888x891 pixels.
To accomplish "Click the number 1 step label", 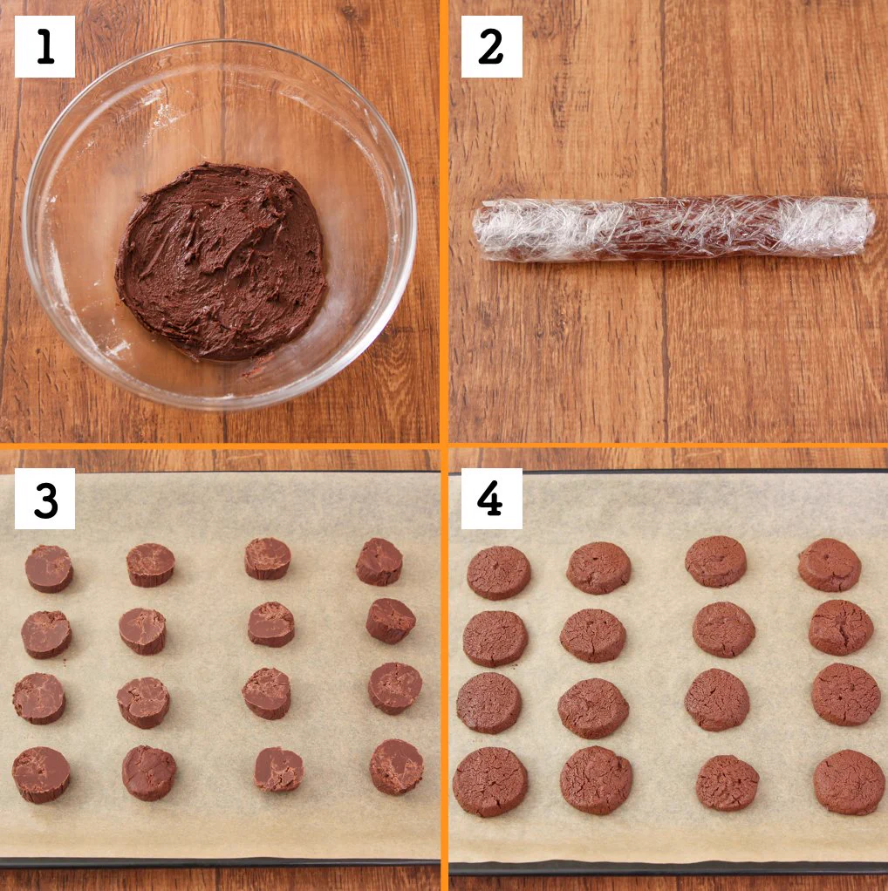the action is click(x=44, y=46).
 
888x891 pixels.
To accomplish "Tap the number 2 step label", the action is click(x=491, y=46).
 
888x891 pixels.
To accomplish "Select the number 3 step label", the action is click(x=44, y=499).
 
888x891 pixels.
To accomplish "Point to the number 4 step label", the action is click(x=491, y=499).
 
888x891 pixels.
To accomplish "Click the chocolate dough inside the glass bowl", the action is click(x=221, y=262).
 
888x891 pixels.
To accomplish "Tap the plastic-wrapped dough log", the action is click(x=673, y=228).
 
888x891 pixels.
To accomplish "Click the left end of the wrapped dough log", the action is click(x=475, y=230).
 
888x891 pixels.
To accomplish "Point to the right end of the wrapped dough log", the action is click(x=873, y=226).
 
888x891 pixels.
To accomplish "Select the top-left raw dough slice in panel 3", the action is click(x=49, y=568).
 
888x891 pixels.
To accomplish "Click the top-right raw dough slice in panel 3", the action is click(x=379, y=561).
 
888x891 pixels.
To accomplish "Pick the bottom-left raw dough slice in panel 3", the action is click(x=41, y=775).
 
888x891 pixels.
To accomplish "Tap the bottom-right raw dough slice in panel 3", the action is click(x=396, y=766).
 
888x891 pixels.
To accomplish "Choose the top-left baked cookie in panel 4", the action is click(x=499, y=573).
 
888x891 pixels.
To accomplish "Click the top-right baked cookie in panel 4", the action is click(x=830, y=565).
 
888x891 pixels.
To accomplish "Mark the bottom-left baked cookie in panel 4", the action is click(x=490, y=782).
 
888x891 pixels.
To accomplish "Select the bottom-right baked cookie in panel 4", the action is click(x=850, y=782).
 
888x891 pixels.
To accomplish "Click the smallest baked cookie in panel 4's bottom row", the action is click(x=727, y=783).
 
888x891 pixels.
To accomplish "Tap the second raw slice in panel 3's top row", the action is click(x=151, y=565).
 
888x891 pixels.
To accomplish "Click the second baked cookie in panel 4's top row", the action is click(x=598, y=568).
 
